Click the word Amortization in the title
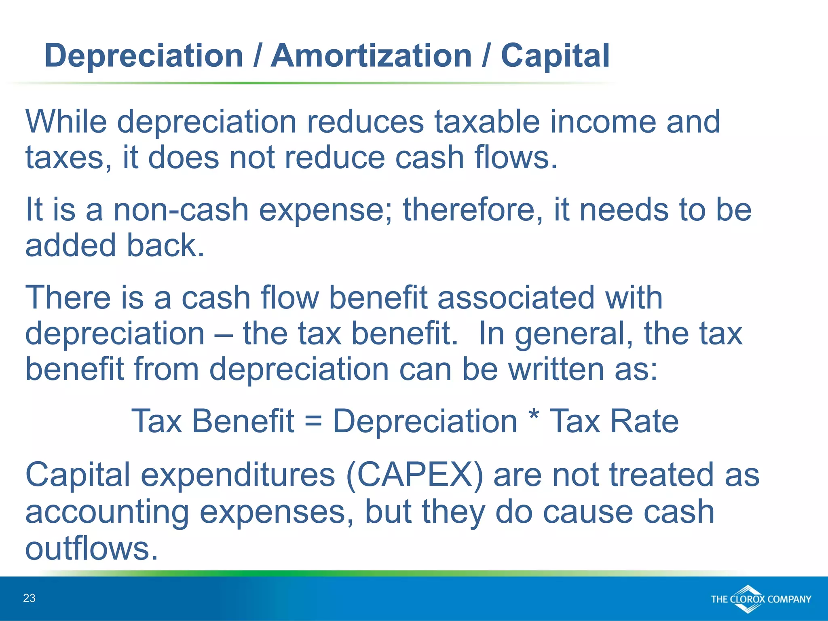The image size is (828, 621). [x=371, y=55]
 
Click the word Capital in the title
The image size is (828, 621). [x=555, y=55]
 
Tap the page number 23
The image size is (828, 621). [x=29, y=598]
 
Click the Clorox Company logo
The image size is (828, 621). [x=760, y=599]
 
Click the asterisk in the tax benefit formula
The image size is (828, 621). [x=534, y=416]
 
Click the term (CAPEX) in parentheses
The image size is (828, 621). [x=415, y=475]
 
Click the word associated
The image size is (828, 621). [x=516, y=298]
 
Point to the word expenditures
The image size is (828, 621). [x=238, y=475]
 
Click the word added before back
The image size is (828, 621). [x=70, y=245]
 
